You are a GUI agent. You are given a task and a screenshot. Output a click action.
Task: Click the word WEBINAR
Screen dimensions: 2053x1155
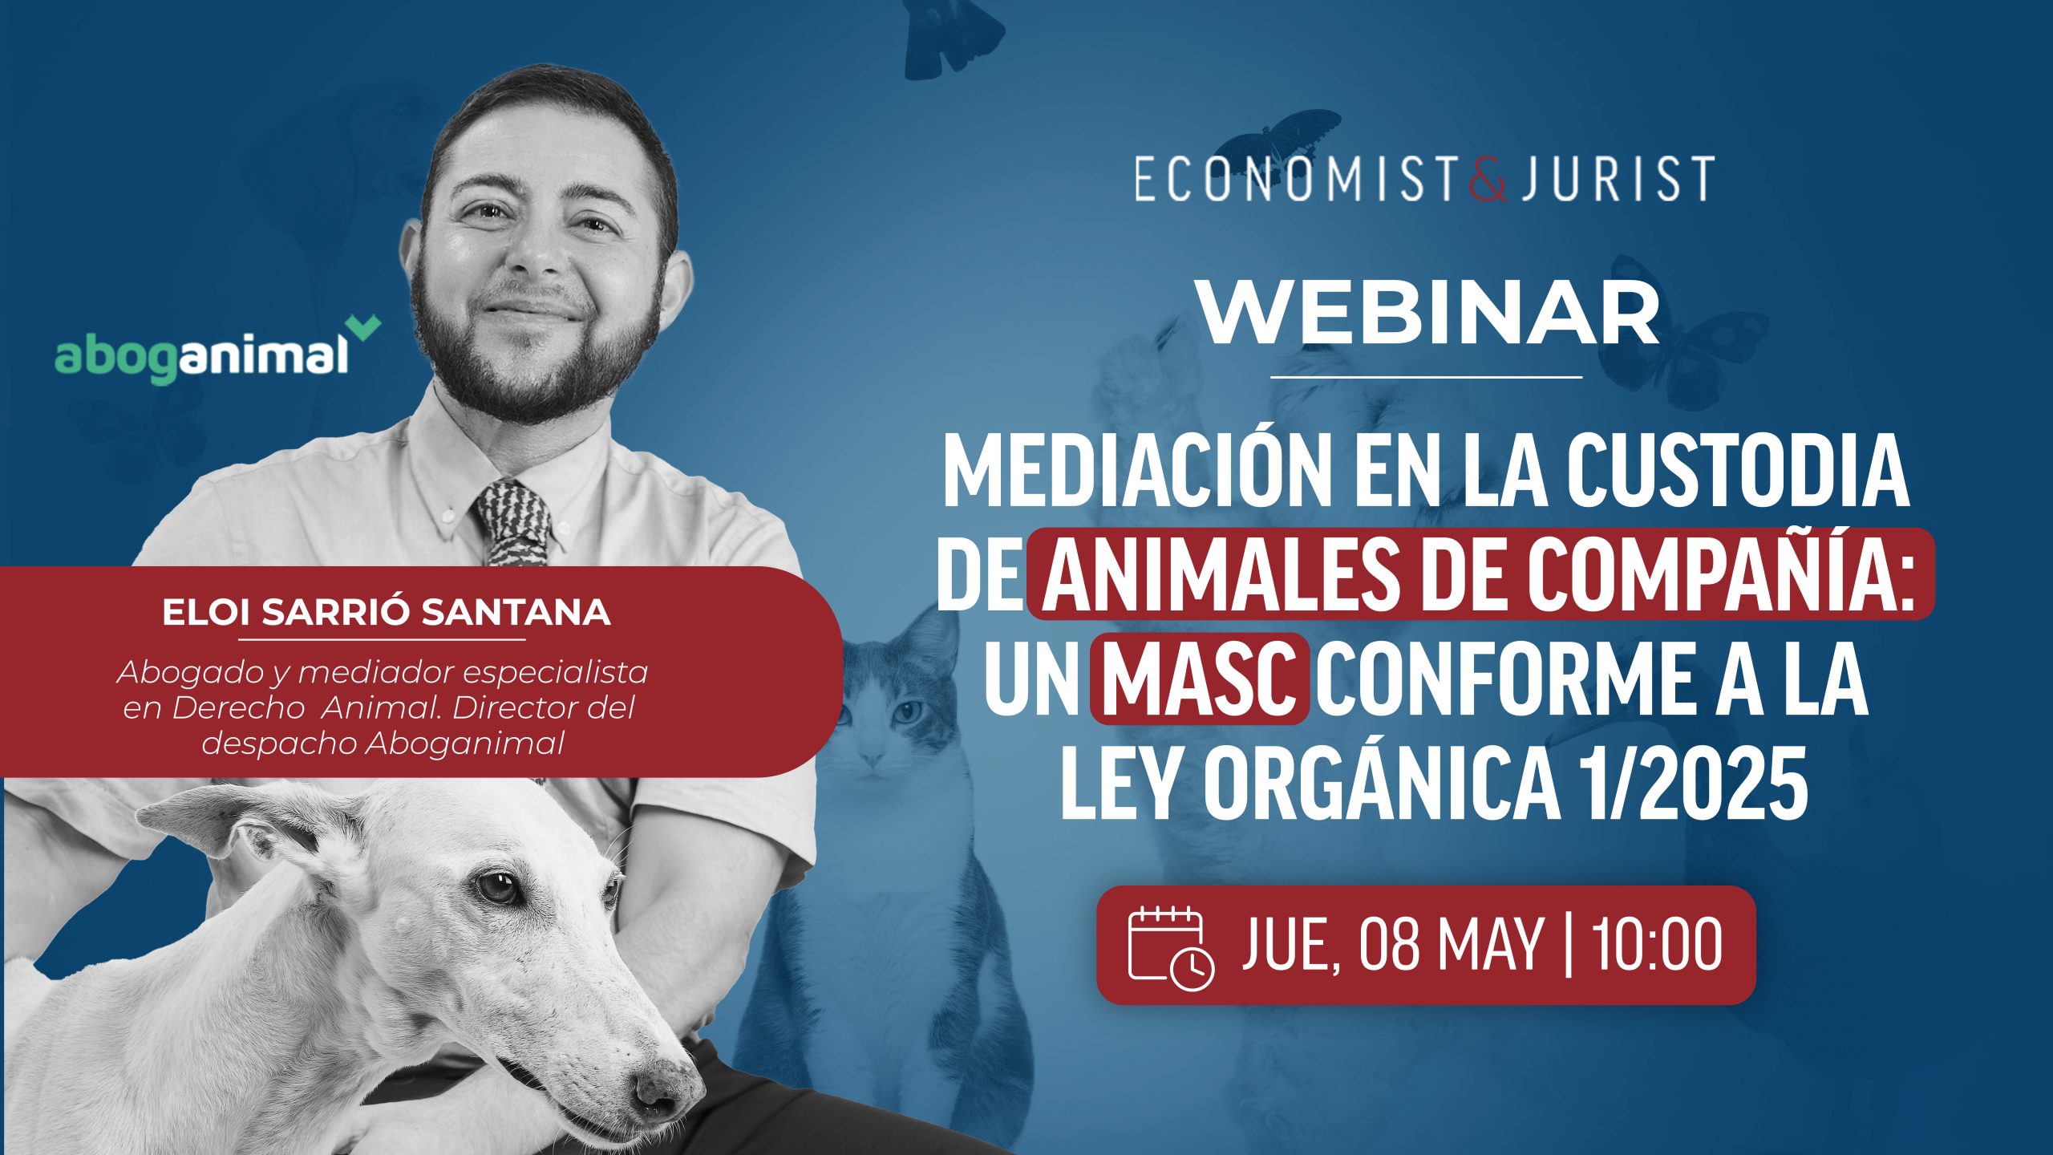pos(1428,314)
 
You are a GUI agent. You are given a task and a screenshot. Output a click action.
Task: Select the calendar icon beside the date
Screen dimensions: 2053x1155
pos(1171,946)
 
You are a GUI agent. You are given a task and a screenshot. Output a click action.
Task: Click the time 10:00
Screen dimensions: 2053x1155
pos(1657,945)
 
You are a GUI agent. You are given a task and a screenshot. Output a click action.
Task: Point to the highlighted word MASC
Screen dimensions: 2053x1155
pos(1200,678)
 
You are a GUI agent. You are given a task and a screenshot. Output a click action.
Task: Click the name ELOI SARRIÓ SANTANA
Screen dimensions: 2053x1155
pos(386,613)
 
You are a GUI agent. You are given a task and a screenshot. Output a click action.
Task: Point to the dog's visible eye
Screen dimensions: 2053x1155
pos(496,885)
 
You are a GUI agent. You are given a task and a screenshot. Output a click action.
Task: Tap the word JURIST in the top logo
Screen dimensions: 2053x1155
pos(1615,179)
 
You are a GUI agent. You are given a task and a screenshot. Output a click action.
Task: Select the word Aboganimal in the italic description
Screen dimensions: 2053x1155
pos(465,744)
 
